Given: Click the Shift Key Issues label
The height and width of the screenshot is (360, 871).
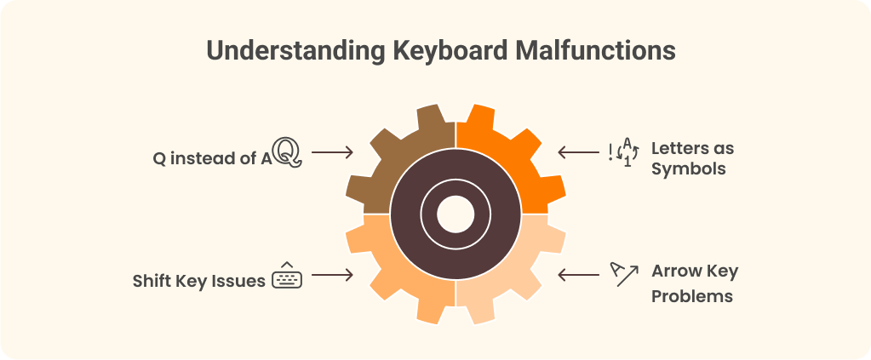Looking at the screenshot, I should [x=198, y=280].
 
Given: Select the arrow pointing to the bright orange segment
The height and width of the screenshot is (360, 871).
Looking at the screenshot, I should [x=577, y=153].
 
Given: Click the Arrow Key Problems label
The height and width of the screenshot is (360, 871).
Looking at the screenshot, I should [x=693, y=283].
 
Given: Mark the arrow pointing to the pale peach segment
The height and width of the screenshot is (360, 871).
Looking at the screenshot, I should [x=577, y=275].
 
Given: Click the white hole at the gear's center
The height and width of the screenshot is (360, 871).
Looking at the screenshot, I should [x=455, y=214].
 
